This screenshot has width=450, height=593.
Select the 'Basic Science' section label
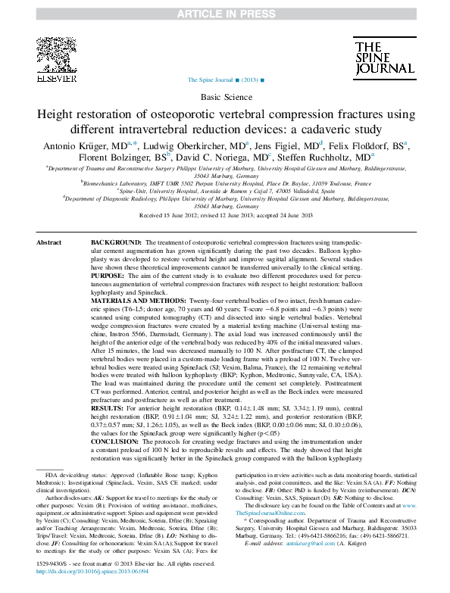(225, 98)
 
